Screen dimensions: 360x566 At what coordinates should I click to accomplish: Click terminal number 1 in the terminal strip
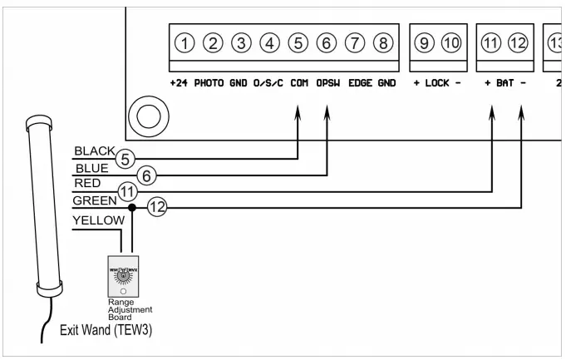point(185,43)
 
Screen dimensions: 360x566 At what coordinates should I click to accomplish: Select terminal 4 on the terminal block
point(269,43)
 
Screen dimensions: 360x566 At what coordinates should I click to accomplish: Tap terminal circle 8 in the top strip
point(382,43)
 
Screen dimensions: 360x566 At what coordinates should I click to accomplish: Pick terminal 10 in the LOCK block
point(450,43)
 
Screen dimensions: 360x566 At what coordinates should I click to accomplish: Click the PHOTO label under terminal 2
point(210,84)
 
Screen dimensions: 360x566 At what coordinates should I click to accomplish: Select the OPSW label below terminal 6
point(327,84)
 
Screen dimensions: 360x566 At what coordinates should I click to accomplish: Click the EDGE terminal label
point(360,84)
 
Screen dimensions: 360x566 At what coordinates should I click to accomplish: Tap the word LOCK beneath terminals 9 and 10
point(437,84)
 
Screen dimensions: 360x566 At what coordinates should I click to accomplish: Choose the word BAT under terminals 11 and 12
point(505,84)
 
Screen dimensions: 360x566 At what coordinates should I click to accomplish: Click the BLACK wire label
point(93,150)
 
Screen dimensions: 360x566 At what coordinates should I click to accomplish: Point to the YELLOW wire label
point(99,220)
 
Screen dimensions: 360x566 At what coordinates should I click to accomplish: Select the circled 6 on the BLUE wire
point(146,175)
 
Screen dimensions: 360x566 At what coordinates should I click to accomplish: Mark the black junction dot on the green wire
point(132,207)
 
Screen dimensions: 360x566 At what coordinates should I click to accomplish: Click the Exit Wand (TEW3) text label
point(106,330)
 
